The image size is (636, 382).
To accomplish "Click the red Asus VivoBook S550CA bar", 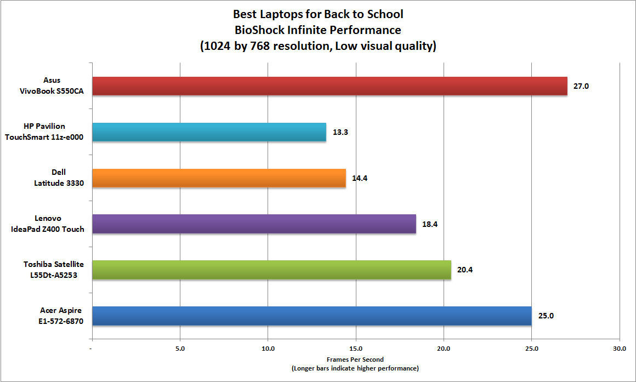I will tap(329, 86).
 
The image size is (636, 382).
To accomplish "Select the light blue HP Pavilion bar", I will tap(209, 132).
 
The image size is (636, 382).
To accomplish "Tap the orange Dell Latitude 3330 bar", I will tap(219, 178).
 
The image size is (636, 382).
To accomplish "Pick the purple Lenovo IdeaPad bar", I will tap(254, 224).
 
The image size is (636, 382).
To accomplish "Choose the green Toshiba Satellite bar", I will tap(271, 270).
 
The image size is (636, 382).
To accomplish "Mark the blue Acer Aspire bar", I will tap(311, 316).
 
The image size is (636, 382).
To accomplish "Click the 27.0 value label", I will tap(581, 86).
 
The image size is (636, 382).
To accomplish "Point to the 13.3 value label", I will tap(339, 132).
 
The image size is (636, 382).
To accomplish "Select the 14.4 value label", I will tap(359, 178).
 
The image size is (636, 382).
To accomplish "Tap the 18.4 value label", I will tap(429, 224).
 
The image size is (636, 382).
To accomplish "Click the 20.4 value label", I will tap(464, 270).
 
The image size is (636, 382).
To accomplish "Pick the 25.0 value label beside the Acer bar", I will tap(546, 316).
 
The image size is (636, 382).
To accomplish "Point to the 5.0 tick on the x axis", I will tap(180, 347).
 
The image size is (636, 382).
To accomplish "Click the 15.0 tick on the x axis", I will tap(356, 347).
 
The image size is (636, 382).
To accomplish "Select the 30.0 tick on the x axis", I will tap(619, 347).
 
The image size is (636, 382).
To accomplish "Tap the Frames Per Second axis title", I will tap(355, 360).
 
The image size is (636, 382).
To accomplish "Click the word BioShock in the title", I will tap(258, 29).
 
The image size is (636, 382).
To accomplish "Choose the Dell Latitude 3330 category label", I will tap(58, 179).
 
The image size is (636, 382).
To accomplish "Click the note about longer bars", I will tap(355, 368).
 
